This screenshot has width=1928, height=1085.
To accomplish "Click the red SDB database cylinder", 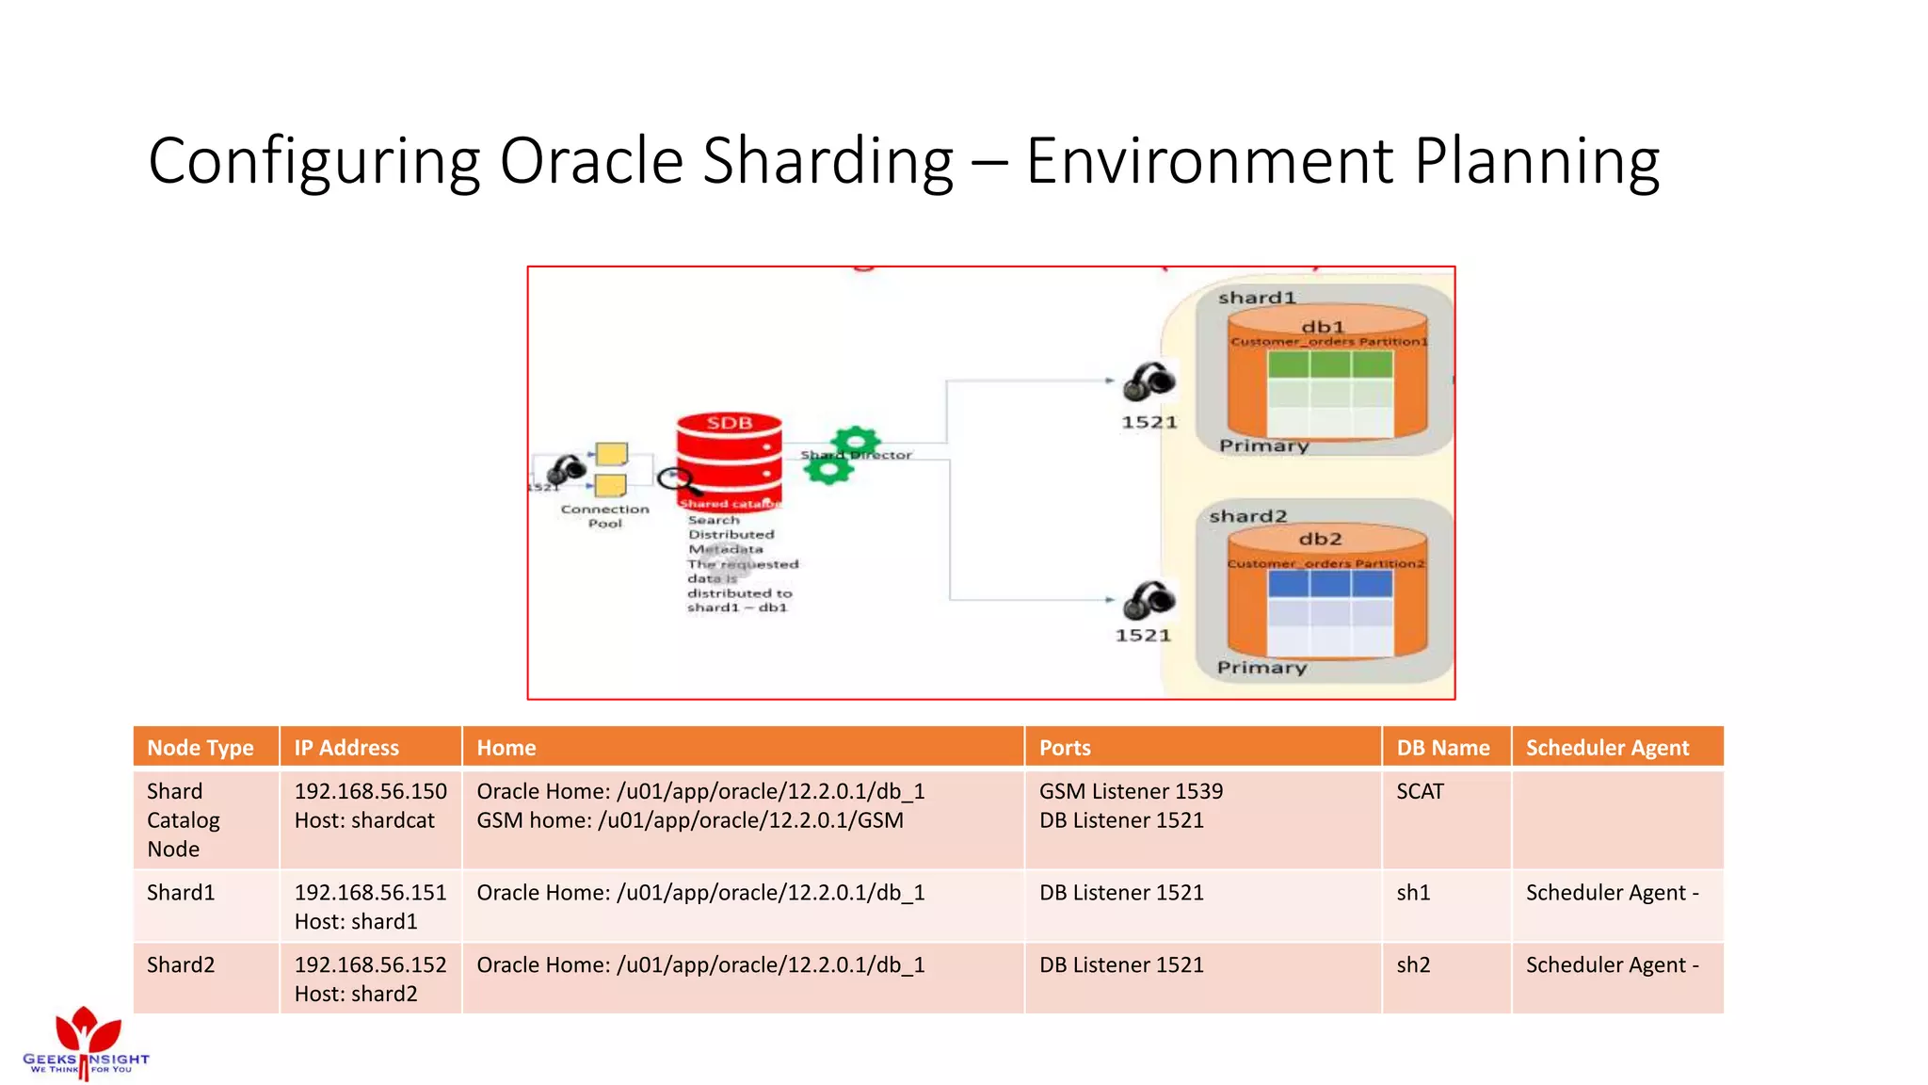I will click(729, 460).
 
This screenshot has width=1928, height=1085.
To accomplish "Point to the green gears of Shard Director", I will click(843, 455).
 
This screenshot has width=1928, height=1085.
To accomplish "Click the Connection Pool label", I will click(604, 516).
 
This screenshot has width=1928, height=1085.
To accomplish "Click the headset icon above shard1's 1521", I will click(1149, 381).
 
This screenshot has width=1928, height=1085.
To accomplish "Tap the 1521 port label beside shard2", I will click(1143, 636).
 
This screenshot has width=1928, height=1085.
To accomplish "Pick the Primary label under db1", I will click(1263, 445).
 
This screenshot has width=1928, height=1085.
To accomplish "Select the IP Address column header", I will click(346, 748).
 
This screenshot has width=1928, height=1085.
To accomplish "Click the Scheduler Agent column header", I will click(1607, 748).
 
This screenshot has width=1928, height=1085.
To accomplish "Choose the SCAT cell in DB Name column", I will click(1420, 791).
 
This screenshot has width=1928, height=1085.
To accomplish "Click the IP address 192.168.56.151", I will click(370, 892).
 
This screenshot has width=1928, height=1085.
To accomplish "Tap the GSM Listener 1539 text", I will click(1131, 791).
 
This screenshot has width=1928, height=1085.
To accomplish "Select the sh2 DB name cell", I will click(1413, 964).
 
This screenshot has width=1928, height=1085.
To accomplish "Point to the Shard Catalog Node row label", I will click(184, 819).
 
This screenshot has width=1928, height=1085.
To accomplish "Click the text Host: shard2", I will click(356, 994).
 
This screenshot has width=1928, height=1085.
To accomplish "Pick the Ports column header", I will click(1065, 748).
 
